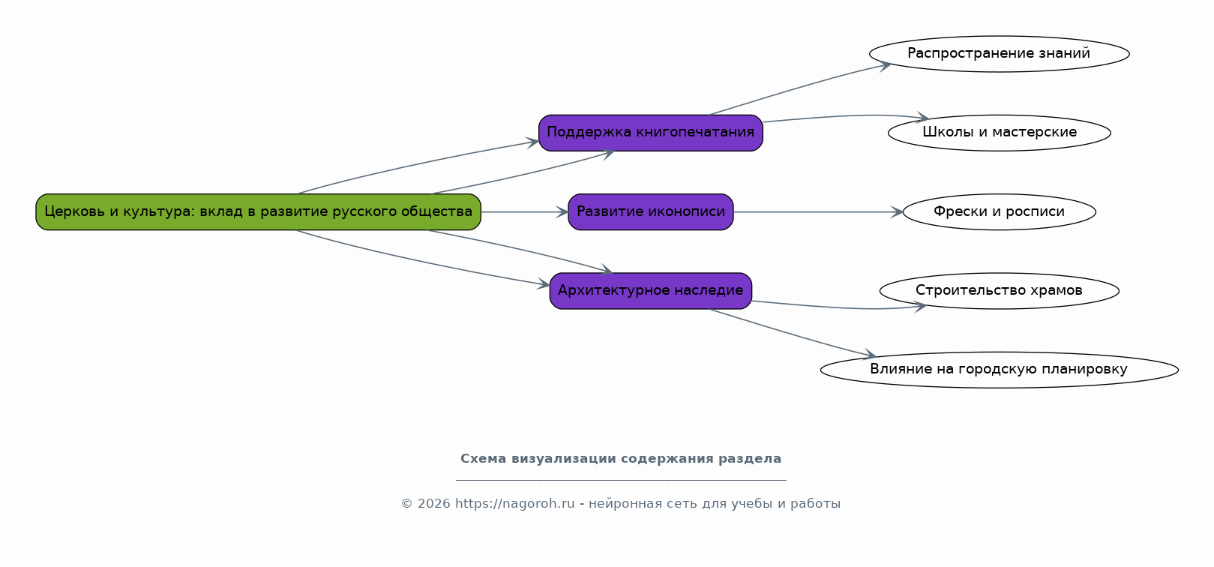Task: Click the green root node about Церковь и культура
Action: pyautogui.click(x=258, y=212)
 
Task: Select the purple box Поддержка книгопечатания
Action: pyautogui.click(x=650, y=133)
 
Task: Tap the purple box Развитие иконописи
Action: pyautogui.click(x=650, y=212)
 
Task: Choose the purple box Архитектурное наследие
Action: pyautogui.click(x=650, y=291)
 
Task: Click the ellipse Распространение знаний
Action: pyautogui.click(x=999, y=54)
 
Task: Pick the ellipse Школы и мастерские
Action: pyautogui.click(x=999, y=133)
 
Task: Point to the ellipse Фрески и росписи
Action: pyautogui.click(x=999, y=212)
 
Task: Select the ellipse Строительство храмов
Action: pyautogui.click(x=999, y=291)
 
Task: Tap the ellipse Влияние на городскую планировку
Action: pyautogui.click(x=999, y=370)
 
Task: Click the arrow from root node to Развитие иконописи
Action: pyautogui.click(x=524, y=212)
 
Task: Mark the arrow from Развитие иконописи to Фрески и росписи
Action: pyautogui.click(x=817, y=212)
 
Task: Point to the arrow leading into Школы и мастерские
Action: pyautogui.click(x=847, y=116)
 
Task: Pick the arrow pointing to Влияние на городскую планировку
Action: pyautogui.click(x=795, y=334)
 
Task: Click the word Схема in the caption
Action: pyautogui.click(x=483, y=459)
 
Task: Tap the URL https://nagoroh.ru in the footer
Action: pyautogui.click(x=514, y=504)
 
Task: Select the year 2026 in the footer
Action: pyautogui.click(x=434, y=504)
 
